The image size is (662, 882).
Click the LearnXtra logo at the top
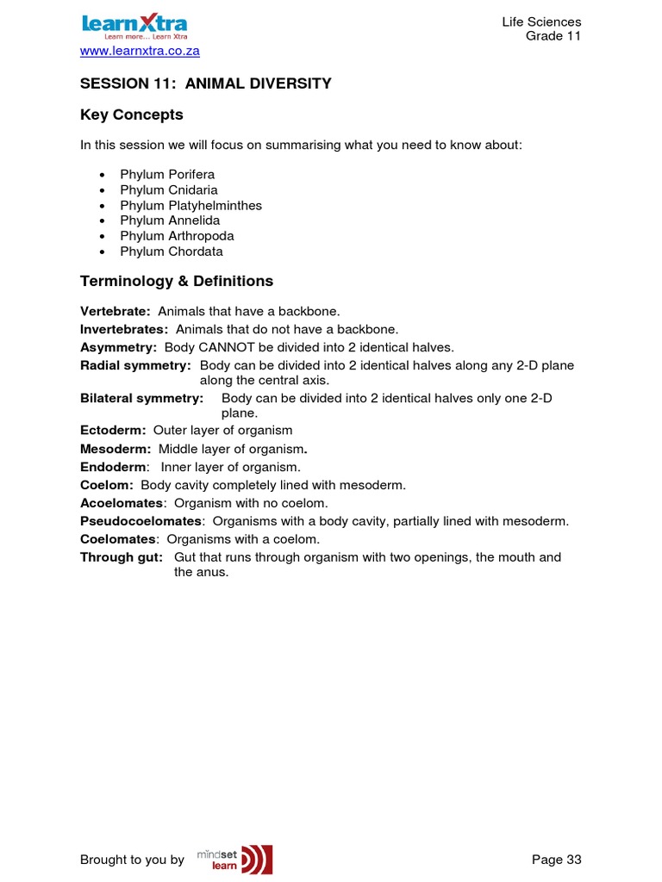134,26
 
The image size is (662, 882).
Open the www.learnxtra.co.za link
140,51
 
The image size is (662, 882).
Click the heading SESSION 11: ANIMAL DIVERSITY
205,84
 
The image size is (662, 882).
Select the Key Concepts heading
132,115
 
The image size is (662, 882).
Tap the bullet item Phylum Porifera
167,175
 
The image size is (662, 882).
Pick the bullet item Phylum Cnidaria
169,190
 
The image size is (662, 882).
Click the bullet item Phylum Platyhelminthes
190,206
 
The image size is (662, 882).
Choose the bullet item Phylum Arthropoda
177,236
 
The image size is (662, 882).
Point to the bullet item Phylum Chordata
172,252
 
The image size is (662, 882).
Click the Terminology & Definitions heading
177,281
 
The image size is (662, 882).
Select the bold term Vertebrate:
116,311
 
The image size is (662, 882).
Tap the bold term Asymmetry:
119,347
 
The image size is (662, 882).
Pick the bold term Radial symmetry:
135,366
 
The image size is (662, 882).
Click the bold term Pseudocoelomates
141,521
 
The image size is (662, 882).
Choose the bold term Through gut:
122,557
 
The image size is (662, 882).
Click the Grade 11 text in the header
553,36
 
